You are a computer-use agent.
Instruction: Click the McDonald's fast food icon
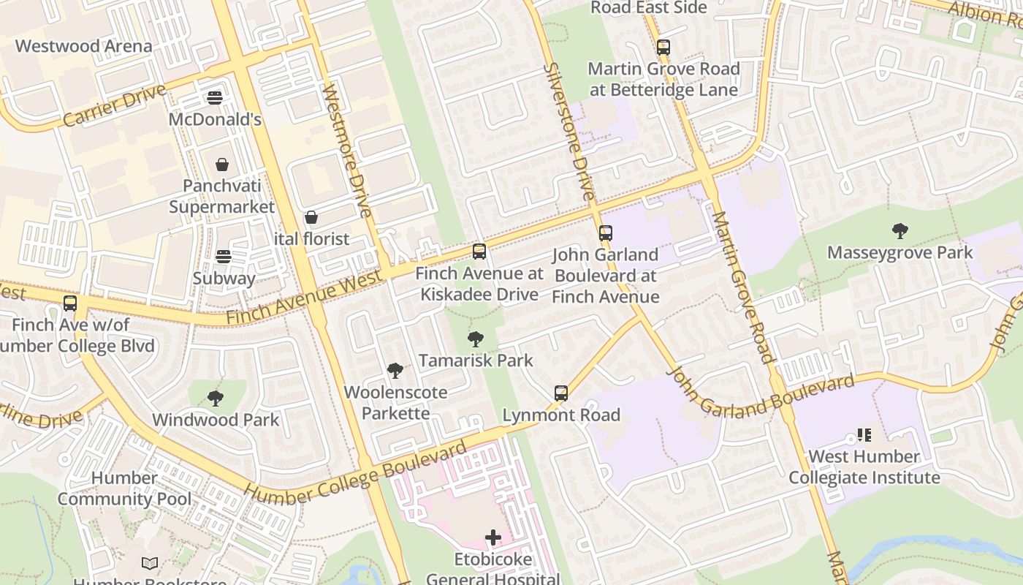(x=215, y=97)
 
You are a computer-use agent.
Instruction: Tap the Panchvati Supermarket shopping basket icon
(x=222, y=165)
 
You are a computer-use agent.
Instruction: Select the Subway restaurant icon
(x=224, y=257)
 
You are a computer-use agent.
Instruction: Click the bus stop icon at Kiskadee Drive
(x=479, y=252)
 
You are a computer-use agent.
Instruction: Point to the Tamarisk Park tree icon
(x=476, y=339)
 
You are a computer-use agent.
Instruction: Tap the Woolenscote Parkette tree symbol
(x=395, y=371)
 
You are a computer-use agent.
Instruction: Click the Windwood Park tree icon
(x=216, y=399)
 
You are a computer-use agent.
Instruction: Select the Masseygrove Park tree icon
(x=900, y=231)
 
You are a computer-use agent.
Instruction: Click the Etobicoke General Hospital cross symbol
(x=493, y=538)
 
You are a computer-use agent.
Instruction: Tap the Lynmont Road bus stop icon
(x=561, y=393)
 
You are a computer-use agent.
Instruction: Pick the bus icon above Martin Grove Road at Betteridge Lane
(x=663, y=48)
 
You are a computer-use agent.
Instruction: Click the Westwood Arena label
(x=83, y=46)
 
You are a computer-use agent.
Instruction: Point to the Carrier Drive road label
(x=115, y=106)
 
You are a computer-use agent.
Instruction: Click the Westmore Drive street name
(x=348, y=151)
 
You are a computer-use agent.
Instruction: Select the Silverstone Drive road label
(x=568, y=132)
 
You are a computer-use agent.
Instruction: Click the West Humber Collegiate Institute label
(x=864, y=467)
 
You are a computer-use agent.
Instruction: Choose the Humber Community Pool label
(x=124, y=488)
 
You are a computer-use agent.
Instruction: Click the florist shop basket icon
(x=311, y=217)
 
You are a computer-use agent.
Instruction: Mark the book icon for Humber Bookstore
(x=150, y=563)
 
